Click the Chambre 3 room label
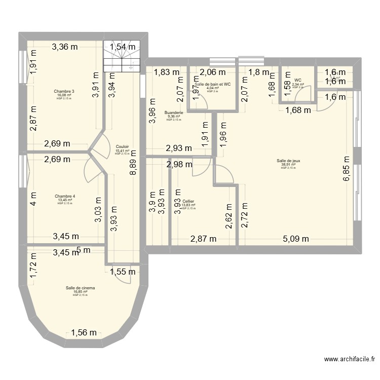[64, 91]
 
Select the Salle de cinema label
[80, 288]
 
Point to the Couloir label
[122, 147]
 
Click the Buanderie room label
[174, 112]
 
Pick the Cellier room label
[188, 201]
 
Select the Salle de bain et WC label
[212, 85]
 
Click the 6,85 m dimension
[347, 172]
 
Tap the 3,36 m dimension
[64, 48]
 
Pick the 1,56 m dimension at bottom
[83, 333]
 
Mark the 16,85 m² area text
[80, 291]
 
